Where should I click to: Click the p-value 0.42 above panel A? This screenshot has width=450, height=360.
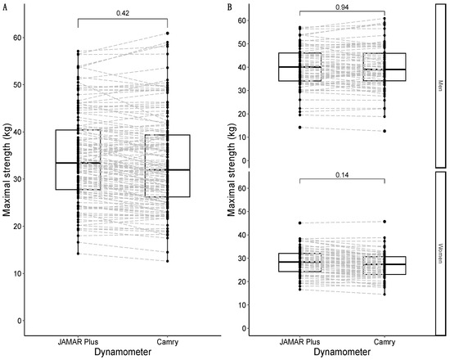click(x=123, y=12)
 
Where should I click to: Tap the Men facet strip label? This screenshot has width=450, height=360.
click(x=442, y=82)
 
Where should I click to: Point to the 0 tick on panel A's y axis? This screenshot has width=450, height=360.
click(x=19, y=321)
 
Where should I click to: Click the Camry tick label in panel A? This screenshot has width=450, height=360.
click(x=167, y=340)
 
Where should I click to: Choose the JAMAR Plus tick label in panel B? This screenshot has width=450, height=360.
click(x=299, y=340)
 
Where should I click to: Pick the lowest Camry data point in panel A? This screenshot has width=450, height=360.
click(x=167, y=260)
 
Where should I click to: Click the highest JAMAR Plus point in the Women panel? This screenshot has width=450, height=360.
click(x=299, y=223)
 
